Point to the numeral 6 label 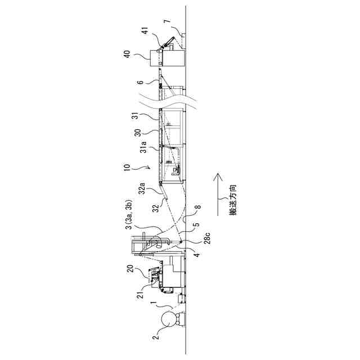(x=140, y=84)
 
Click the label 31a (x=143, y=147)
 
